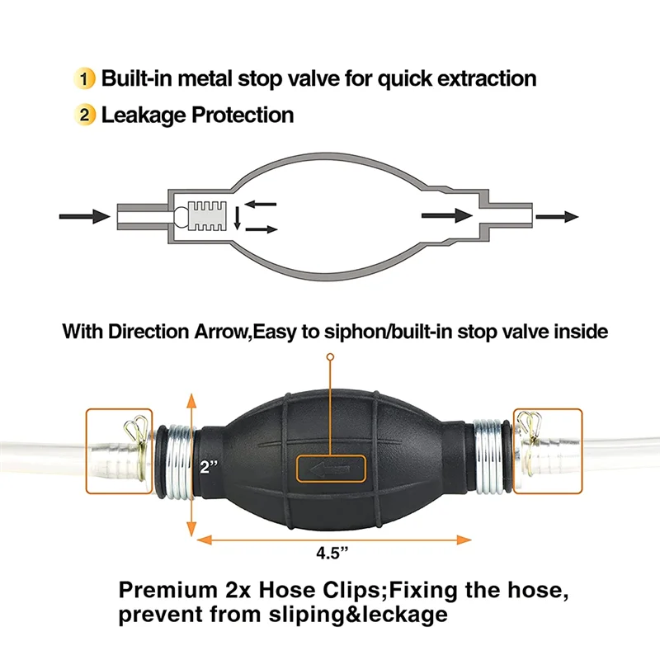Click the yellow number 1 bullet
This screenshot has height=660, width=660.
pyautogui.click(x=87, y=79)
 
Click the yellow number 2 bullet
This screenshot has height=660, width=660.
pyautogui.click(x=87, y=115)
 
